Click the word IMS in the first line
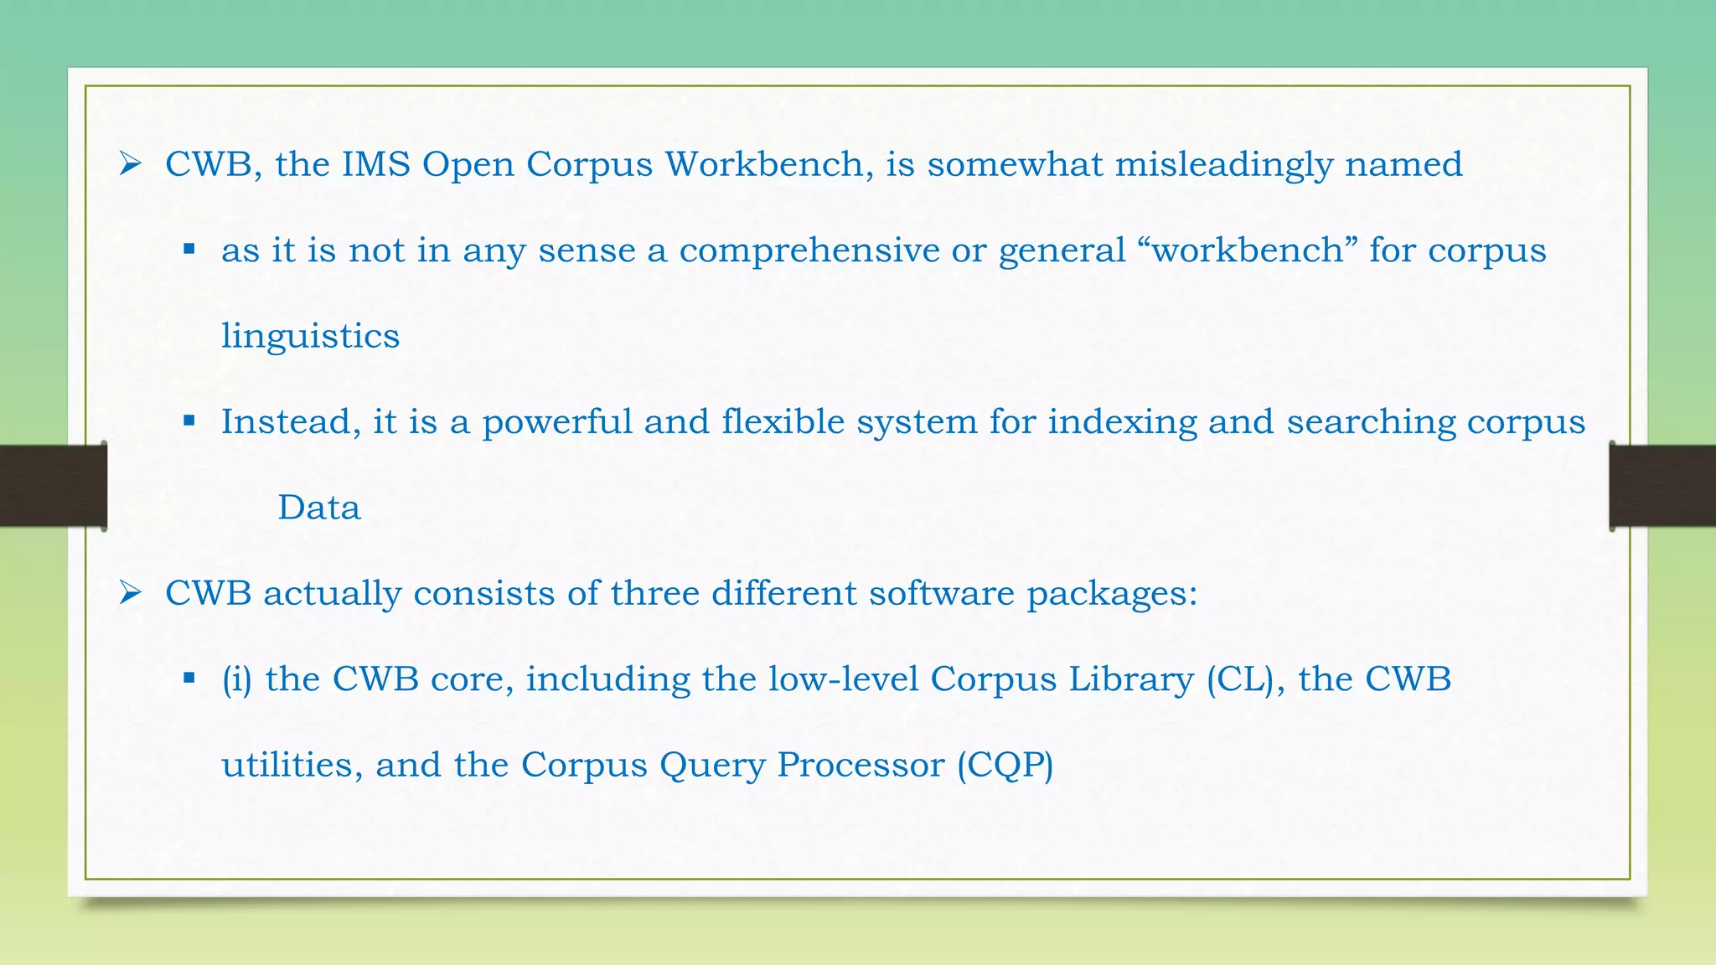pyautogui.click(x=376, y=164)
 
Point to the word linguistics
pyautogui.click(x=310, y=337)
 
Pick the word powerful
pyautogui.click(x=557, y=422)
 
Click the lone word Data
pyautogui.click(x=319, y=508)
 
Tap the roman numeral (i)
pyautogui.click(x=237, y=679)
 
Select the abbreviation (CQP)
pyautogui.click(x=1005, y=766)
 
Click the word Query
pyautogui.click(x=712, y=766)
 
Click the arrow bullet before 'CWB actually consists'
pyautogui.click(x=130, y=593)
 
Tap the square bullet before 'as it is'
pyautogui.click(x=189, y=249)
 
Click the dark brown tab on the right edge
pyautogui.click(x=1663, y=486)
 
